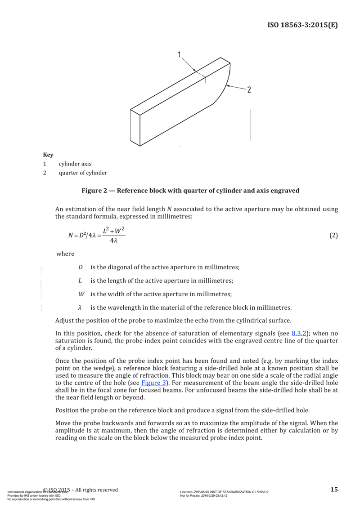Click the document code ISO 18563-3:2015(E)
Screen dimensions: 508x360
click(302, 24)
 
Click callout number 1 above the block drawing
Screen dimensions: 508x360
click(179, 55)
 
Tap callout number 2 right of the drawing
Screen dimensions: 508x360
click(249, 89)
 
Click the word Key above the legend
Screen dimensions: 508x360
click(48, 155)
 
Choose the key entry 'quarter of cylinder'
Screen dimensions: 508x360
click(83, 173)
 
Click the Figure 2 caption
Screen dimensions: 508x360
click(190, 191)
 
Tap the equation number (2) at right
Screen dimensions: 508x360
click(333, 235)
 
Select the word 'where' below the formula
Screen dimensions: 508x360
click(65, 254)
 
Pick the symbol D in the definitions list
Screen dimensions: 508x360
click(80, 267)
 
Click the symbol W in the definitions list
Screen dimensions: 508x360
click(81, 294)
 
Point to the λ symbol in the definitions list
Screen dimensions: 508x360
click(80, 308)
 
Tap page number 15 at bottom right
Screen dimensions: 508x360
click(333, 490)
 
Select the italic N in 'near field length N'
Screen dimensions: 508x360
click(169, 209)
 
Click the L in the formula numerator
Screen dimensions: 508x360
click(105, 231)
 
